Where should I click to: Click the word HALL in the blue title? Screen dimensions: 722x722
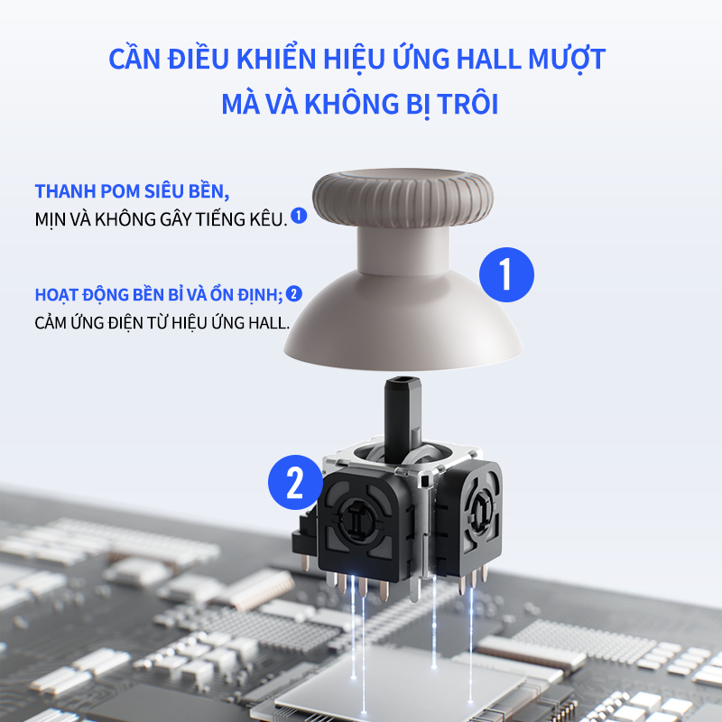488,59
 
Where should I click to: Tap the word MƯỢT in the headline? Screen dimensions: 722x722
567,59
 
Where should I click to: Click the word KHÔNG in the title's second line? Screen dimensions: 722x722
351,103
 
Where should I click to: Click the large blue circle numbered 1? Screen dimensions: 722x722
506,275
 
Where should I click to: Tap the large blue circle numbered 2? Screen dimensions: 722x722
295,483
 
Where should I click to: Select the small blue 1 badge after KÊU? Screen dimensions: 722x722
299,216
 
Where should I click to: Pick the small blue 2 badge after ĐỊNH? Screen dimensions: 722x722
294,294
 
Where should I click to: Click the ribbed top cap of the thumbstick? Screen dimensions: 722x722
403,198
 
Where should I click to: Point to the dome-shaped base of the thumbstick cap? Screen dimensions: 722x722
403,322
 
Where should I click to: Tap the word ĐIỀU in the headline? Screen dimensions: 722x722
198,59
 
